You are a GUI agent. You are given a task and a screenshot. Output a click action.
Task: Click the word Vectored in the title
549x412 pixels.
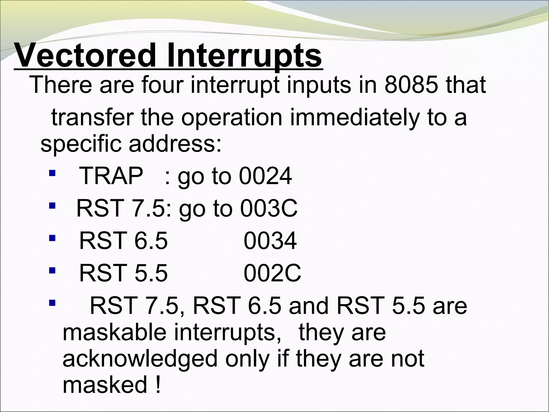[86, 56]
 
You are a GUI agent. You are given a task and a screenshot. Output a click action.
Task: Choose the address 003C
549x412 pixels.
[269, 208]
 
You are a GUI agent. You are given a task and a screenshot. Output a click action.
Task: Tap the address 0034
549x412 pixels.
[270, 241]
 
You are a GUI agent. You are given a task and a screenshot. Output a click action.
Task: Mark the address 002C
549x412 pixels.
[272, 273]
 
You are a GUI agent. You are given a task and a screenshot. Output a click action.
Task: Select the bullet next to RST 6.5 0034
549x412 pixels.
[52, 238]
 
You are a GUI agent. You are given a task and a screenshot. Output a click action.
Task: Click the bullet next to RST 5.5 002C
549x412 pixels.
[52, 270]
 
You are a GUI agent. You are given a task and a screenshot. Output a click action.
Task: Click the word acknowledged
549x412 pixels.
[140, 359]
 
